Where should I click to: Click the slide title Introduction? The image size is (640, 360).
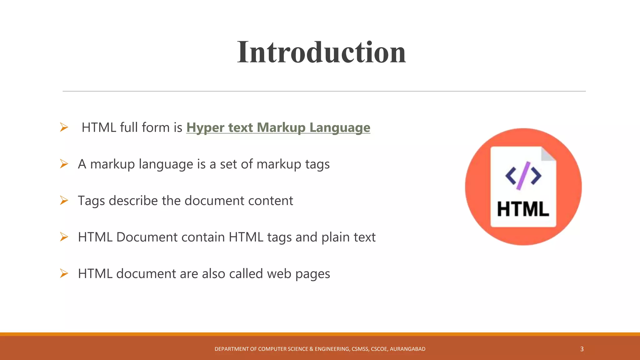[x=321, y=52]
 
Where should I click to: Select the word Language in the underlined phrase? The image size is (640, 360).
[x=340, y=127]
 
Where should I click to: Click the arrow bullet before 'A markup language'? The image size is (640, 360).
[x=64, y=164]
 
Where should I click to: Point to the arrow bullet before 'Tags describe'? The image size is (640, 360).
[x=64, y=200]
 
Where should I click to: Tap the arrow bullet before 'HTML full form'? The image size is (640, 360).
[x=64, y=127]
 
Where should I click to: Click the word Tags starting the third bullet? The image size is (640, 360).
[x=91, y=201]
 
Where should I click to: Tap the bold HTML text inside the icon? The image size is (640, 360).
[x=523, y=209]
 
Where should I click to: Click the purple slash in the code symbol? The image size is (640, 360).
[x=523, y=176]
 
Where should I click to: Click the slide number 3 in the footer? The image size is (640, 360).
[x=582, y=349]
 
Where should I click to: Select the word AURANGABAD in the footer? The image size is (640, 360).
[x=407, y=349]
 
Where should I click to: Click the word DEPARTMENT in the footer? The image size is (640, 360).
[x=232, y=349]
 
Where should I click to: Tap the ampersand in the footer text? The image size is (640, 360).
[x=311, y=349]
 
